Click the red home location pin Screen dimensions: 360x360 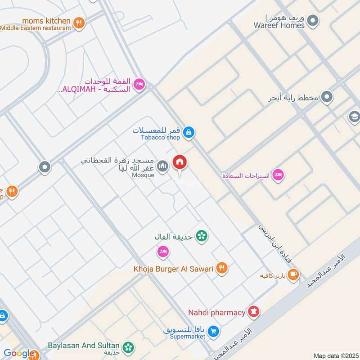pyautogui.click(x=180, y=162)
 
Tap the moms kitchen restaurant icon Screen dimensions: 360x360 pyautogui.click(x=79, y=23)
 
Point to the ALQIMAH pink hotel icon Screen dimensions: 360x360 pyautogui.click(x=139, y=84)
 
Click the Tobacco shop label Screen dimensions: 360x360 pyautogui.click(x=160, y=137)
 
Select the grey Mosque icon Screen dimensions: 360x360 pyautogui.click(x=163, y=166)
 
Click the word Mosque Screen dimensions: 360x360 pyautogui.click(x=143, y=175)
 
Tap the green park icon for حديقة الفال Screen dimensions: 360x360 pyautogui.click(x=202, y=235)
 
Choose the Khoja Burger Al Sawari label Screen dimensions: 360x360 pyautogui.click(x=173, y=269)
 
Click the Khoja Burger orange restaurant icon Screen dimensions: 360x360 pyautogui.click(x=221, y=268)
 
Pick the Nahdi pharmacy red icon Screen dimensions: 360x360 pyautogui.click(x=254, y=312)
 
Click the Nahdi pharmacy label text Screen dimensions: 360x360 pyautogui.click(x=216, y=312)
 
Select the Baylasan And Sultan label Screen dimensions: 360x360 pyautogui.click(x=84, y=345)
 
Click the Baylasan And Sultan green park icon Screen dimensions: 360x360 pyautogui.click(x=129, y=347)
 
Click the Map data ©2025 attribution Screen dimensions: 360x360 pyautogui.click(x=335, y=355)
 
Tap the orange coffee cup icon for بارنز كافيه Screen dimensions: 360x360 pyautogui.click(x=293, y=274)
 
